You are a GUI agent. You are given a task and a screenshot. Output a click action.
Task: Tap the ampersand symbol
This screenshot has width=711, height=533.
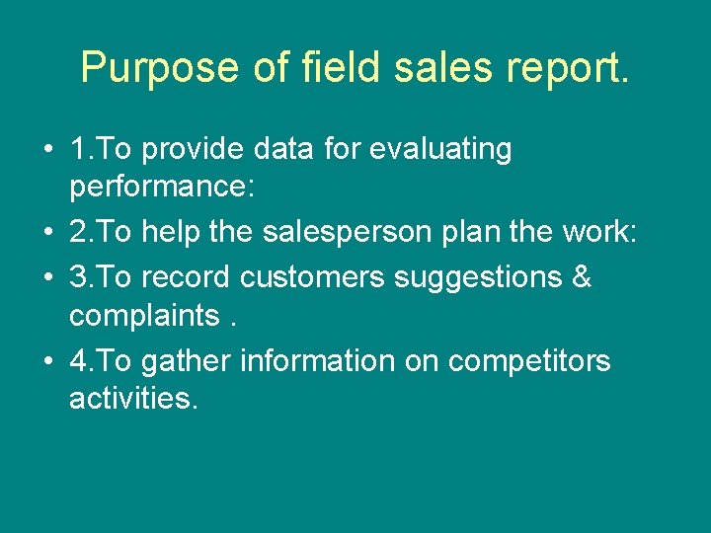[582, 277]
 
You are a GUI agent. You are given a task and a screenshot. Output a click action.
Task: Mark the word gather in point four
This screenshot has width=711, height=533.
[187, 361]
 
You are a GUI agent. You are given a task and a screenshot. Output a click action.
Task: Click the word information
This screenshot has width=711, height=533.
[317, 361]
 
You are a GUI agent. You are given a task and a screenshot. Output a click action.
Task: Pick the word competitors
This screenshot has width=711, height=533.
[529, 361]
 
